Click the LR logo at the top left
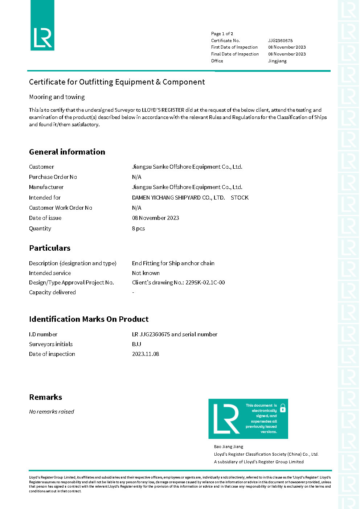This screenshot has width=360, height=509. [42, 25]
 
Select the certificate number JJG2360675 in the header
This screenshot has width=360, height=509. [280, 41]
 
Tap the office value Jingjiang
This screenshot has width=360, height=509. [277, 61]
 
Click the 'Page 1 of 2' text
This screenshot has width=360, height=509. [222, 34]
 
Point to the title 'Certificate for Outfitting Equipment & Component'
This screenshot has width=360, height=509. [117, 82]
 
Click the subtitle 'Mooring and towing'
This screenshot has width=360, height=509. [57, 97]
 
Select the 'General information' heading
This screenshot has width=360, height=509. [67, 152]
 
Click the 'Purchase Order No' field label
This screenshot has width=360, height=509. [53, 177]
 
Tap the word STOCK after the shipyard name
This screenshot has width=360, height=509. [240, 198]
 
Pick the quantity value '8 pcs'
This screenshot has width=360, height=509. [138, 229]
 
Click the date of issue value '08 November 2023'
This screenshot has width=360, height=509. [155, 218]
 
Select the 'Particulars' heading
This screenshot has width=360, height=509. [50, 248]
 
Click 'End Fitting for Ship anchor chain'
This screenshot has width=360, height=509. [173, 263]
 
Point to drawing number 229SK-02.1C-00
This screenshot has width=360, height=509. [205, 283]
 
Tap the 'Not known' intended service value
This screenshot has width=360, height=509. [146, 273]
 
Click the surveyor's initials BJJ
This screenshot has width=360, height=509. [136, 344]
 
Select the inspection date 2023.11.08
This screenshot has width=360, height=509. [146, 354]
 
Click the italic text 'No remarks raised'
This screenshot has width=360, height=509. [52, 412]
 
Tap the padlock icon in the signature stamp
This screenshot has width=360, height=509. [283, 408]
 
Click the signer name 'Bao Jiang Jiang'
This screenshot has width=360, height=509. [229, 447]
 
